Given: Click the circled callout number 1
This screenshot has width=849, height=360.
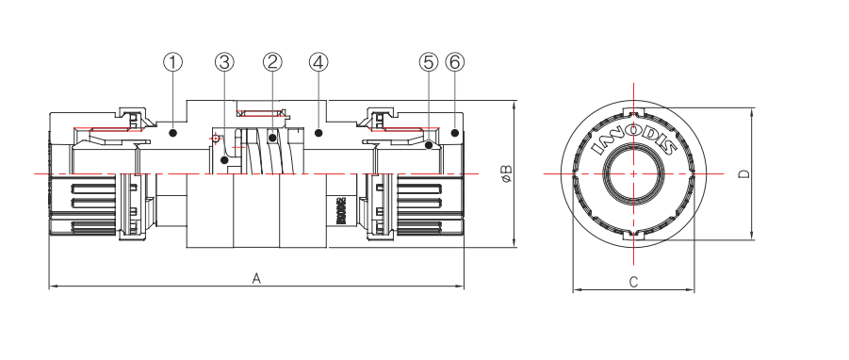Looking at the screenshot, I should [172, 62].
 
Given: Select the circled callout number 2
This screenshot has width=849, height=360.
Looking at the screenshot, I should [272, 62].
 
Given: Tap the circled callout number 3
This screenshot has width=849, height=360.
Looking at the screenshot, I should [223, 62].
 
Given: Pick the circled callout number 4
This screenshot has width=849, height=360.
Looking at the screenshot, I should [318, 62].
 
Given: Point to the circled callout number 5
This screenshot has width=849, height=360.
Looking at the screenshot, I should [429, 62].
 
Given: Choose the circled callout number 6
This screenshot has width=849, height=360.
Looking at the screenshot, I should [455, 62].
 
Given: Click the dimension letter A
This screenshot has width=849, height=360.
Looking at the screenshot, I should [255, 277].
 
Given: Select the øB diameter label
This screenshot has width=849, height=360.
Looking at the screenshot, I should [506, 173].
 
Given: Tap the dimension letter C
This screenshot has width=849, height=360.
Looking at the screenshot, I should [634, 282].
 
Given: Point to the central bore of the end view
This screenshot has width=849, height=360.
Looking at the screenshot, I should [634, 174].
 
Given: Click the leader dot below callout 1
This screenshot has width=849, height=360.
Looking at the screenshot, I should [172, 134].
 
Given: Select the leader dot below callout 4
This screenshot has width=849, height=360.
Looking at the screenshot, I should [318, 133].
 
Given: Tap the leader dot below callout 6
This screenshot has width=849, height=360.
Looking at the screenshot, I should [455, 133].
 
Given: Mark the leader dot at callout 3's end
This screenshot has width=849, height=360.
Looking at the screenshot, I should [224, 161].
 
